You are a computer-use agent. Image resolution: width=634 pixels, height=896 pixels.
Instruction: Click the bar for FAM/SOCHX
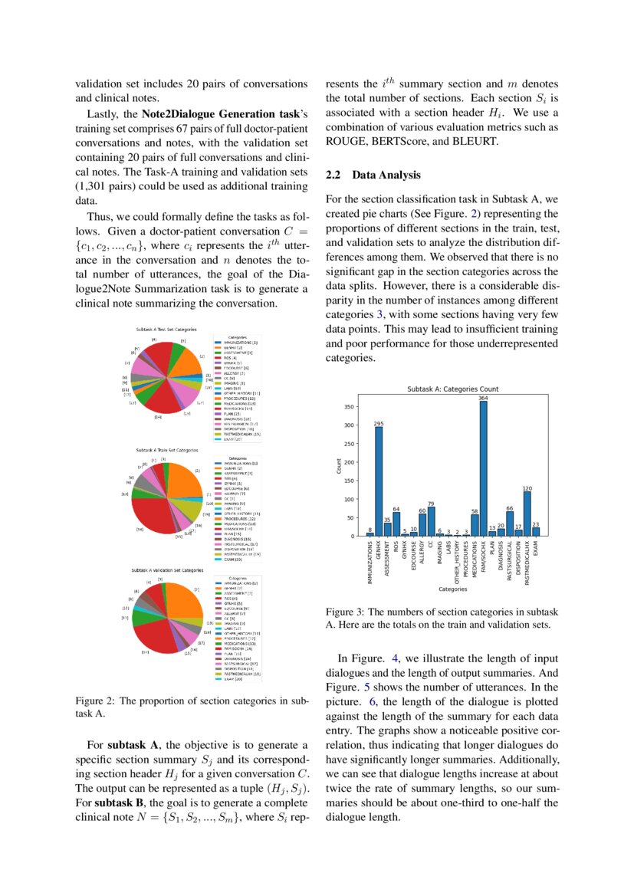[x=484, y=469]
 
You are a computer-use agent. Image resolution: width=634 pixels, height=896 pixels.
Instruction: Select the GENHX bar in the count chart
[x=379, y=481]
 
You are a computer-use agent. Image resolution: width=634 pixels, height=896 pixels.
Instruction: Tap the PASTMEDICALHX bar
[x=527, y=514]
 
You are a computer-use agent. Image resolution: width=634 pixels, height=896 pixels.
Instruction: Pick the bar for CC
[x=431, y=521]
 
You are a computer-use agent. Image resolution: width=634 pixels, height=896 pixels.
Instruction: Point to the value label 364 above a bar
[x=484, y=398]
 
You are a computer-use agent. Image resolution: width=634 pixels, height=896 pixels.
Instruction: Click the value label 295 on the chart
[x=379, y=423]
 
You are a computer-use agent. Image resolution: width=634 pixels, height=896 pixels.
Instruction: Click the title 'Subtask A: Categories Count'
[x=452, y=389]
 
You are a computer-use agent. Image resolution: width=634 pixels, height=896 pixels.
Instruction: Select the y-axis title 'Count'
[x=338, y=465]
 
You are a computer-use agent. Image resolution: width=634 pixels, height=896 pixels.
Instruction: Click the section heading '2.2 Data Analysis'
[x=373, y=176]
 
